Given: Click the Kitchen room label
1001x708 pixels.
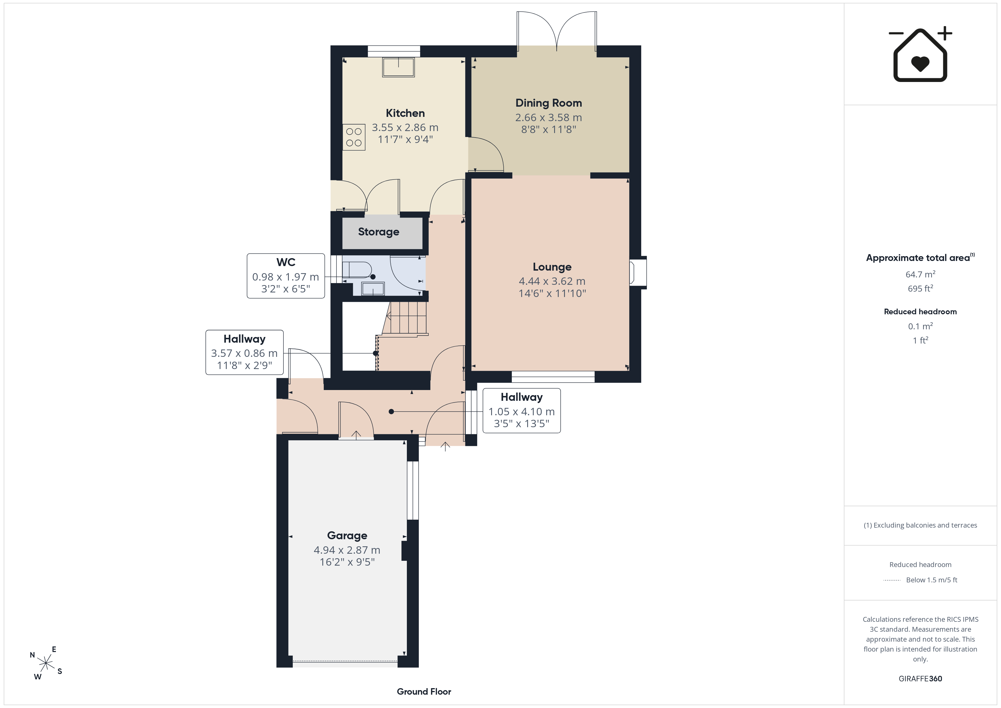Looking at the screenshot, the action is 405,113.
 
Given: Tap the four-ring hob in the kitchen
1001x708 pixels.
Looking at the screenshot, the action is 354,137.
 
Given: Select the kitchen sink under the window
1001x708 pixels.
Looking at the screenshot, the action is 398,68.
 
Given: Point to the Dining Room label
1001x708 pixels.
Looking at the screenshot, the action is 548,103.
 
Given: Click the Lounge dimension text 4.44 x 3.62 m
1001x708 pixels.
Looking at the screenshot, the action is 552,281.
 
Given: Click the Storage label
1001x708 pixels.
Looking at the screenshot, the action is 378,232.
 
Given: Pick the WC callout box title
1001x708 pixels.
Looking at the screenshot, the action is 285,262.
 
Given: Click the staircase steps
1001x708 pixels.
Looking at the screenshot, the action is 405,318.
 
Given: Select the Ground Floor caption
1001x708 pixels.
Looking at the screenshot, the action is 424,692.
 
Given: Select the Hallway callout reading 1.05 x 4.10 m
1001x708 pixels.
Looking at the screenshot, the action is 521,411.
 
